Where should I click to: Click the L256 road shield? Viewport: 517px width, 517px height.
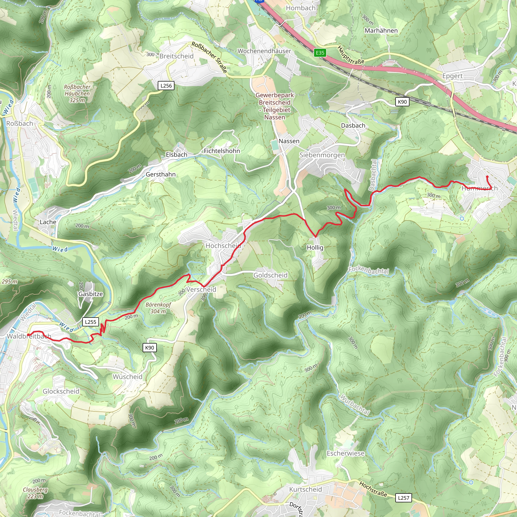(166, 86)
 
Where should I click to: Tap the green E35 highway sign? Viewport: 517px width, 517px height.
(320, 53)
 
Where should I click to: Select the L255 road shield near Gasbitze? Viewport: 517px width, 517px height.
(90, 322)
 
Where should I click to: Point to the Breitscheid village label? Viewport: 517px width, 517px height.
(176, 56)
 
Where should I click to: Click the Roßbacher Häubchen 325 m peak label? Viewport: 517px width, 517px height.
(77, 94)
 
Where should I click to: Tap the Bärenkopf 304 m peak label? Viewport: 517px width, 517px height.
(158, 308)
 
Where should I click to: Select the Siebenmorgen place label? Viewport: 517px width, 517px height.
(322, 155)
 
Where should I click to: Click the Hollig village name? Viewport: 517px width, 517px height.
(315, 248)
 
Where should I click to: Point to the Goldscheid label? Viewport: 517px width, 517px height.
(270, 275)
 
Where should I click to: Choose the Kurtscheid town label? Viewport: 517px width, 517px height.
(305, 489)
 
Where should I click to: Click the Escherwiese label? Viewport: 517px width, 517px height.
(346, 453)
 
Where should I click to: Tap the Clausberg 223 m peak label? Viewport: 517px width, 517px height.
(35, 493)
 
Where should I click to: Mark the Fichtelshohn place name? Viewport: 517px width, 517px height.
(222, 151)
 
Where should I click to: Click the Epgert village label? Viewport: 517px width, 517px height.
(452, 76)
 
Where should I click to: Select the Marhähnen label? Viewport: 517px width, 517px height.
(381, 31)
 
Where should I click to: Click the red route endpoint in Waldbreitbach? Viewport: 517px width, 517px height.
(28, 335)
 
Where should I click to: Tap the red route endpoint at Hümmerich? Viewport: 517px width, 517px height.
(487, 177)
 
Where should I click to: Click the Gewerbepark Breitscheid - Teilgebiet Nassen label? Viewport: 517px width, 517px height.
(275, 106)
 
